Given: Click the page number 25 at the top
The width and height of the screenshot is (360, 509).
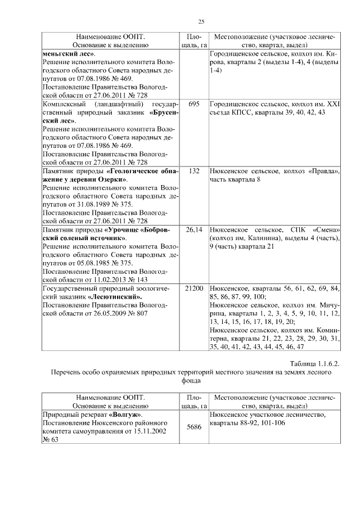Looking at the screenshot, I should [201, 21].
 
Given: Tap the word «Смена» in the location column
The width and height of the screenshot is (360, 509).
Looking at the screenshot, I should [323, 230].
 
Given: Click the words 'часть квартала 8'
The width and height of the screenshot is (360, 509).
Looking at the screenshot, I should [235, 179].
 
